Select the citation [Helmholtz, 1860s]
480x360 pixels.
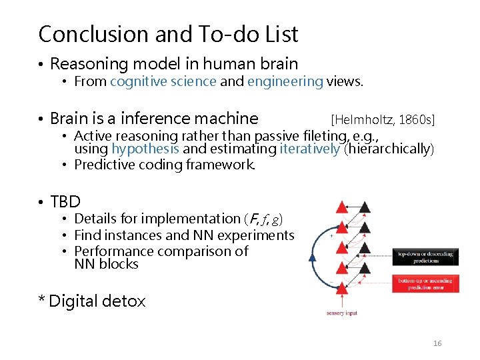point(383,119)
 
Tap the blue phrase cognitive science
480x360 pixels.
point(163,82)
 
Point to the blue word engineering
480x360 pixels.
point(285,82)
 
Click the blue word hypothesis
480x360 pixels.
point(145,149)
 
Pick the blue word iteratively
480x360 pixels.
point(310,149)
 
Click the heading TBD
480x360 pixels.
point(65,202)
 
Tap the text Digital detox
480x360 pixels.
point(97,301)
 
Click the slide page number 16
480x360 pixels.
point(437,343)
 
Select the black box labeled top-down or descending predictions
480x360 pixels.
point(425,257)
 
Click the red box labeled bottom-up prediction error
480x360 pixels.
point(425,284)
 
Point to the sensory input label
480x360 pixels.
point(342,313)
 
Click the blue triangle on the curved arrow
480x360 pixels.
point(313,257)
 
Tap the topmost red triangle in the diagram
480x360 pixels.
point(341,207)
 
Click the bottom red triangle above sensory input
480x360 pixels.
point(341,288)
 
